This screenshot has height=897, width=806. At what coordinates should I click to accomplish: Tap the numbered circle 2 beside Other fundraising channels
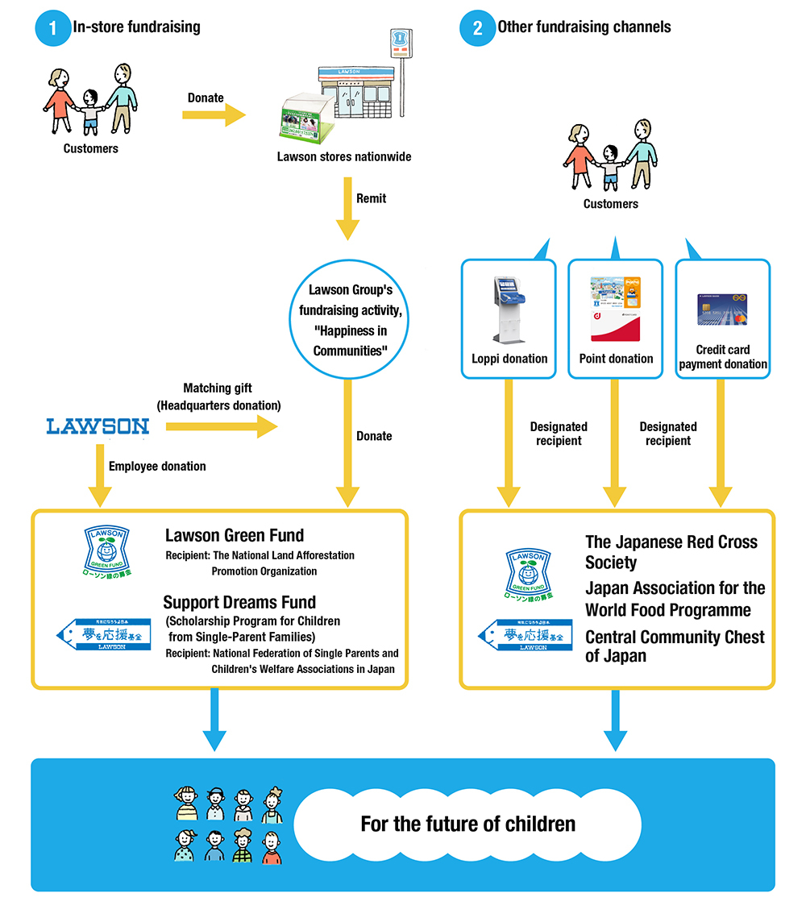click(x=477, y=28)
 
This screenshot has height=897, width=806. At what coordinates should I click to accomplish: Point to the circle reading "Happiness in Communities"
click(x=351, y=320)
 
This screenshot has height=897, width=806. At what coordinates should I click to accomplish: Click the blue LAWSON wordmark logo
click(x=98, y=426)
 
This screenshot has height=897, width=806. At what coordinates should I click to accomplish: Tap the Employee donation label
click(x=157, y=467)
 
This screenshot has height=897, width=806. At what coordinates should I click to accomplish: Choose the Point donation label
click(x=617, y=359)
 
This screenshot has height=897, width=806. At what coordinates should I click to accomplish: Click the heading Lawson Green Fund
click(x=235, y=535)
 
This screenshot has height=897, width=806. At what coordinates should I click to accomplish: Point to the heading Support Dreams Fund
click(x=239, y=602)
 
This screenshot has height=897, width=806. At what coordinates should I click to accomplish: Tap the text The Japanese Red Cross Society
click(x=671, y=552)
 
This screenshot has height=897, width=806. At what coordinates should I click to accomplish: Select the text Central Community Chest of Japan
click(x=675, y=646)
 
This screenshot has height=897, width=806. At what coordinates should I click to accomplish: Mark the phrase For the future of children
click(x=467, y=824)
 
